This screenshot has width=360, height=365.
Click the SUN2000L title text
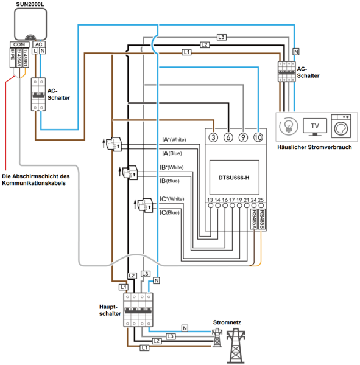pos(31,4)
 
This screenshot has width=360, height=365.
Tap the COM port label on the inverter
pos(18,44)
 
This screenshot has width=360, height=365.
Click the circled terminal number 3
pos(213,137)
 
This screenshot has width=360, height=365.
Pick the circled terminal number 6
pos(228,137)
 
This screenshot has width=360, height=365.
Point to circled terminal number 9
pos(242,137)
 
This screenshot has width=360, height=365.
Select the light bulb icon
pos(288,126)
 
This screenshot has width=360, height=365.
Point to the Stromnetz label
pos(227,323)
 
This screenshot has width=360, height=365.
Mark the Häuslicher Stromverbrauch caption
pos(314,147)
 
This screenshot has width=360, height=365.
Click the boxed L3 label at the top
pos(221,37)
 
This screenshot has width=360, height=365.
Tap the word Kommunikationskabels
pos(37,184)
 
